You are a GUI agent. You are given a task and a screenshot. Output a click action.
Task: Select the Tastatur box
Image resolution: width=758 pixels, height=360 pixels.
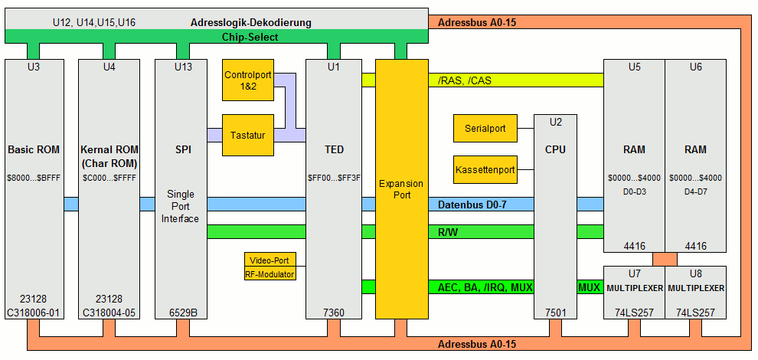(247, 135)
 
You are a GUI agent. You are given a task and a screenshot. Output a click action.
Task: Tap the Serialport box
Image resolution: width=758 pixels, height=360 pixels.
(485, 129)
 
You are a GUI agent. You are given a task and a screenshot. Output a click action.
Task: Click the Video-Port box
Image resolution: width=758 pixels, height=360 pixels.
(270, 260)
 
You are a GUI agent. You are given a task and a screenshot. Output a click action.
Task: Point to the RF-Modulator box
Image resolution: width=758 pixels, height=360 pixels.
(270, 273)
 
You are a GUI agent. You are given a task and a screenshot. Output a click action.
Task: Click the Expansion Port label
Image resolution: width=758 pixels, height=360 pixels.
(400, 188)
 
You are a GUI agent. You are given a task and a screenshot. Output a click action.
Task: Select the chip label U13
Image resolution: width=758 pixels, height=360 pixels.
(184, 67)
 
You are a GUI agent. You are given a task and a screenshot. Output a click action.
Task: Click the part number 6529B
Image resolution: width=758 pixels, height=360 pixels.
(184, 312)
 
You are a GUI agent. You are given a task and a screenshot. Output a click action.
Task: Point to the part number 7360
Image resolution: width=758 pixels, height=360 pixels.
(334, 312)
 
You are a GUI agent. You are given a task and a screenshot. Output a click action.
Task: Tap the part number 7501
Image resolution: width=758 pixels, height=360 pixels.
(555, 312)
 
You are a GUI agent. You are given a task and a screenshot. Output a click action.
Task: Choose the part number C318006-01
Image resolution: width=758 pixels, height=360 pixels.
(33, 312)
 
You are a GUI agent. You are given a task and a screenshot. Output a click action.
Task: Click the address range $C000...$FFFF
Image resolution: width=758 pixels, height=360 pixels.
(109, 178)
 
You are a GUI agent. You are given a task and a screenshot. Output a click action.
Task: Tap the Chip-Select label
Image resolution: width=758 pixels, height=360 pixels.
(250, 36)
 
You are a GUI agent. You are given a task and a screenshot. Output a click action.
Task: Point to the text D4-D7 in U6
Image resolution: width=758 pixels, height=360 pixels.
(695, 190)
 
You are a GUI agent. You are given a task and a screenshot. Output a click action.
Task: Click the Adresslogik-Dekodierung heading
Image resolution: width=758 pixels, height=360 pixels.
(251, 22)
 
